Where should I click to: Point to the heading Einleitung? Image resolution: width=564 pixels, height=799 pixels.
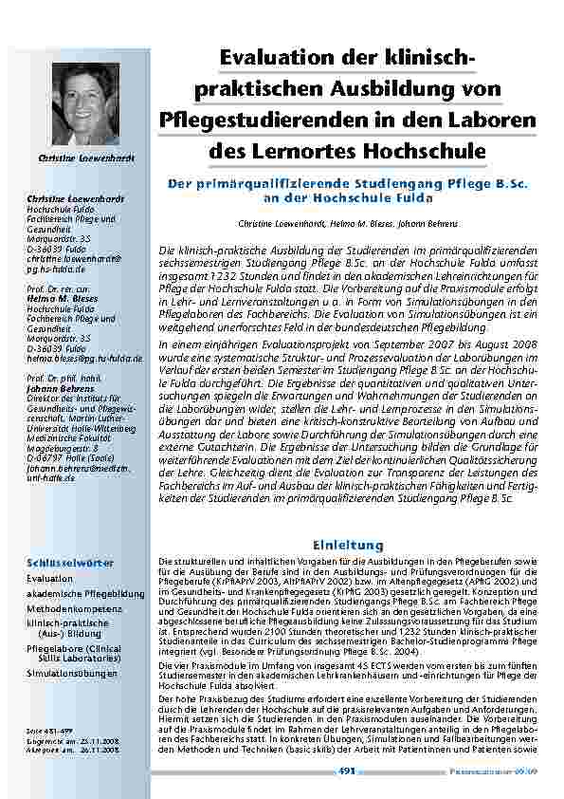coord(348,545)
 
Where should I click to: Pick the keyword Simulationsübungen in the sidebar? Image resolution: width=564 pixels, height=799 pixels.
coord(72,673)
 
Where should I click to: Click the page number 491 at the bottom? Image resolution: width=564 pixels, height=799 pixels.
coord(347,771)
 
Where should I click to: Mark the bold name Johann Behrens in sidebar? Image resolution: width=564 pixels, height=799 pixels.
coord(59,386)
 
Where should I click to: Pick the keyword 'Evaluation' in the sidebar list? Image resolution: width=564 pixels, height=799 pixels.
coord(50,578)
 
